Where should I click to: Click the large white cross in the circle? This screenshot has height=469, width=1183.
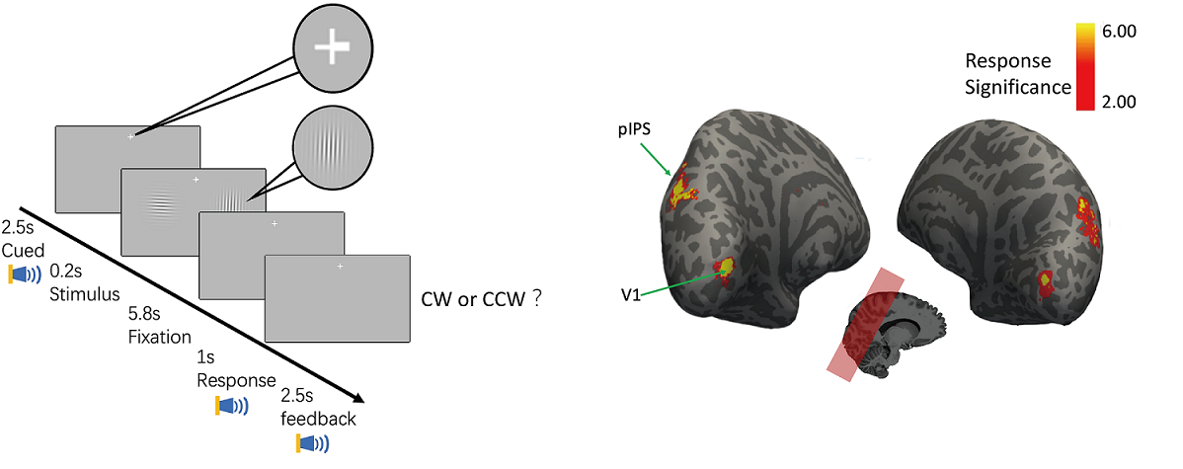pyautogui.click(x=333, y=46)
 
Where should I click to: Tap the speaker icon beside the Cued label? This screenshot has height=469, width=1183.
pyautogui.click(x=24, y=274)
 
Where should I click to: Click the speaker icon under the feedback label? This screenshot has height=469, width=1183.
pyautogui.click(x=311, y=443)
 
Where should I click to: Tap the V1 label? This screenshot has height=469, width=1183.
pyautogui.click(x=628, y=293)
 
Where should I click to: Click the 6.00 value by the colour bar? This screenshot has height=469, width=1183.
pyautogui.click(x=1117, y=33)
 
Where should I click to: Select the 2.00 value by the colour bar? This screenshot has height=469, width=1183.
pyautogui.click(x=1117, y=102)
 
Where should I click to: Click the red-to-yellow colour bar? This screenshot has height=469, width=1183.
pyautogui.click(x=1083, y=66)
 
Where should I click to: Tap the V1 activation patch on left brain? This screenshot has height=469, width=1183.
pyautogui.click(x=725, y=268)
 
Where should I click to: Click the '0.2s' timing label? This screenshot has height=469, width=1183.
pyautogui.click(x=66, y=270)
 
